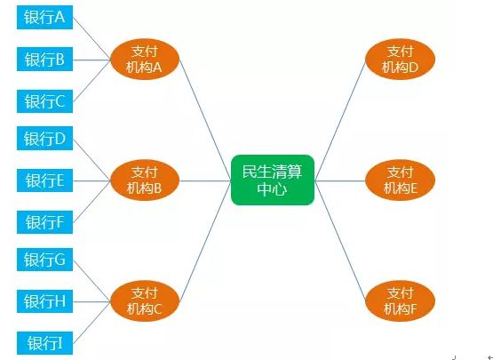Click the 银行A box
click(x=44, y=17)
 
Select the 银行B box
click(x=44, y=60)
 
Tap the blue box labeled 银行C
click(x=44, y=101)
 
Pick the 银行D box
click(x=44, y=138)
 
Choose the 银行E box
click(x=44, y=180)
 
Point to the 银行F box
click(x=44, y=222)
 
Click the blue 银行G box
click(x=44, y=260)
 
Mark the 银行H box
click(x=44, y=301)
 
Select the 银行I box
click(x=44, y=343)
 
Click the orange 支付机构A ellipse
click(x=145, y=60)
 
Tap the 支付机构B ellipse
click(x=145, y=180)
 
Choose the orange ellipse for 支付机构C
click(x=145, y=301)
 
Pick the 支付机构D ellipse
click(x=400, y=60)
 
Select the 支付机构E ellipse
click(x=400, y=180)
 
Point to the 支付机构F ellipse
click(x=400, y=301)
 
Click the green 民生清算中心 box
click(x=273, y=180)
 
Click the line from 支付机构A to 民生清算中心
click(x=205, y=120)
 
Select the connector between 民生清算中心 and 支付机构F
click(x=340, y=241)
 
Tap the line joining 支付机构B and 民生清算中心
click(x=205, y=180)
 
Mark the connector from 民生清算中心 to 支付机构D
click(x=340, y=120)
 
